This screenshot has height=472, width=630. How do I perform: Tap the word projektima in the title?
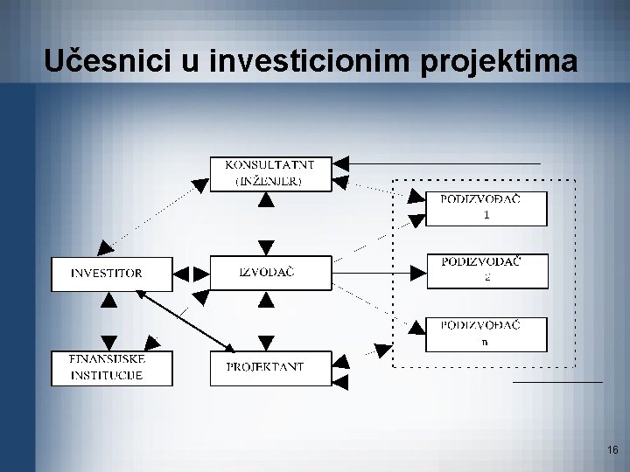point(501,62)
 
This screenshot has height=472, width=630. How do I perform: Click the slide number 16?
point(612,450)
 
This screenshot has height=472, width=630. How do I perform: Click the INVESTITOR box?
point(107,273)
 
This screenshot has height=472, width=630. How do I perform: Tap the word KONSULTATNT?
point(265,164)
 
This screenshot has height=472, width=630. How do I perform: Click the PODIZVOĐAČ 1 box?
point(486,208)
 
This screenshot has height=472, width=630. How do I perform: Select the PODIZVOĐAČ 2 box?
point(486,271)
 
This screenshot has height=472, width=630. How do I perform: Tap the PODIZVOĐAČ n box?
point(486,334)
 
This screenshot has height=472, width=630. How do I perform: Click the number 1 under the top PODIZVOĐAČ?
point(486,217)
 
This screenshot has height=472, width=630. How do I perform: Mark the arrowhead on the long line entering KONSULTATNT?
point(342,163)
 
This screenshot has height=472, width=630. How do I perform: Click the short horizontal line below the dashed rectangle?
point(557,382)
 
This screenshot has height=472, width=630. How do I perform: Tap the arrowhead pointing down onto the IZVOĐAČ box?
point(266,247)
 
